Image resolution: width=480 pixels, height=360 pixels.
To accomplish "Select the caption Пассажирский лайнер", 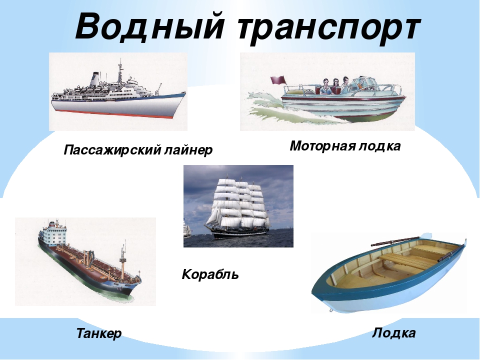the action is point(138,150).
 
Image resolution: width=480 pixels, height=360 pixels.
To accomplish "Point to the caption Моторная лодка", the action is point(345,146).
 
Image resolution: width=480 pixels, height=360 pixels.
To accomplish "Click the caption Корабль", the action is point(210,274).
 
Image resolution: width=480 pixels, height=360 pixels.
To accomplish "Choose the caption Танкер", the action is point(99,333).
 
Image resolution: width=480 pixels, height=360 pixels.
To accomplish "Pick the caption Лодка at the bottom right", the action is point(393,333).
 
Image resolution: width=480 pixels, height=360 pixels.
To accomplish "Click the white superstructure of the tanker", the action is point(53,233).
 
